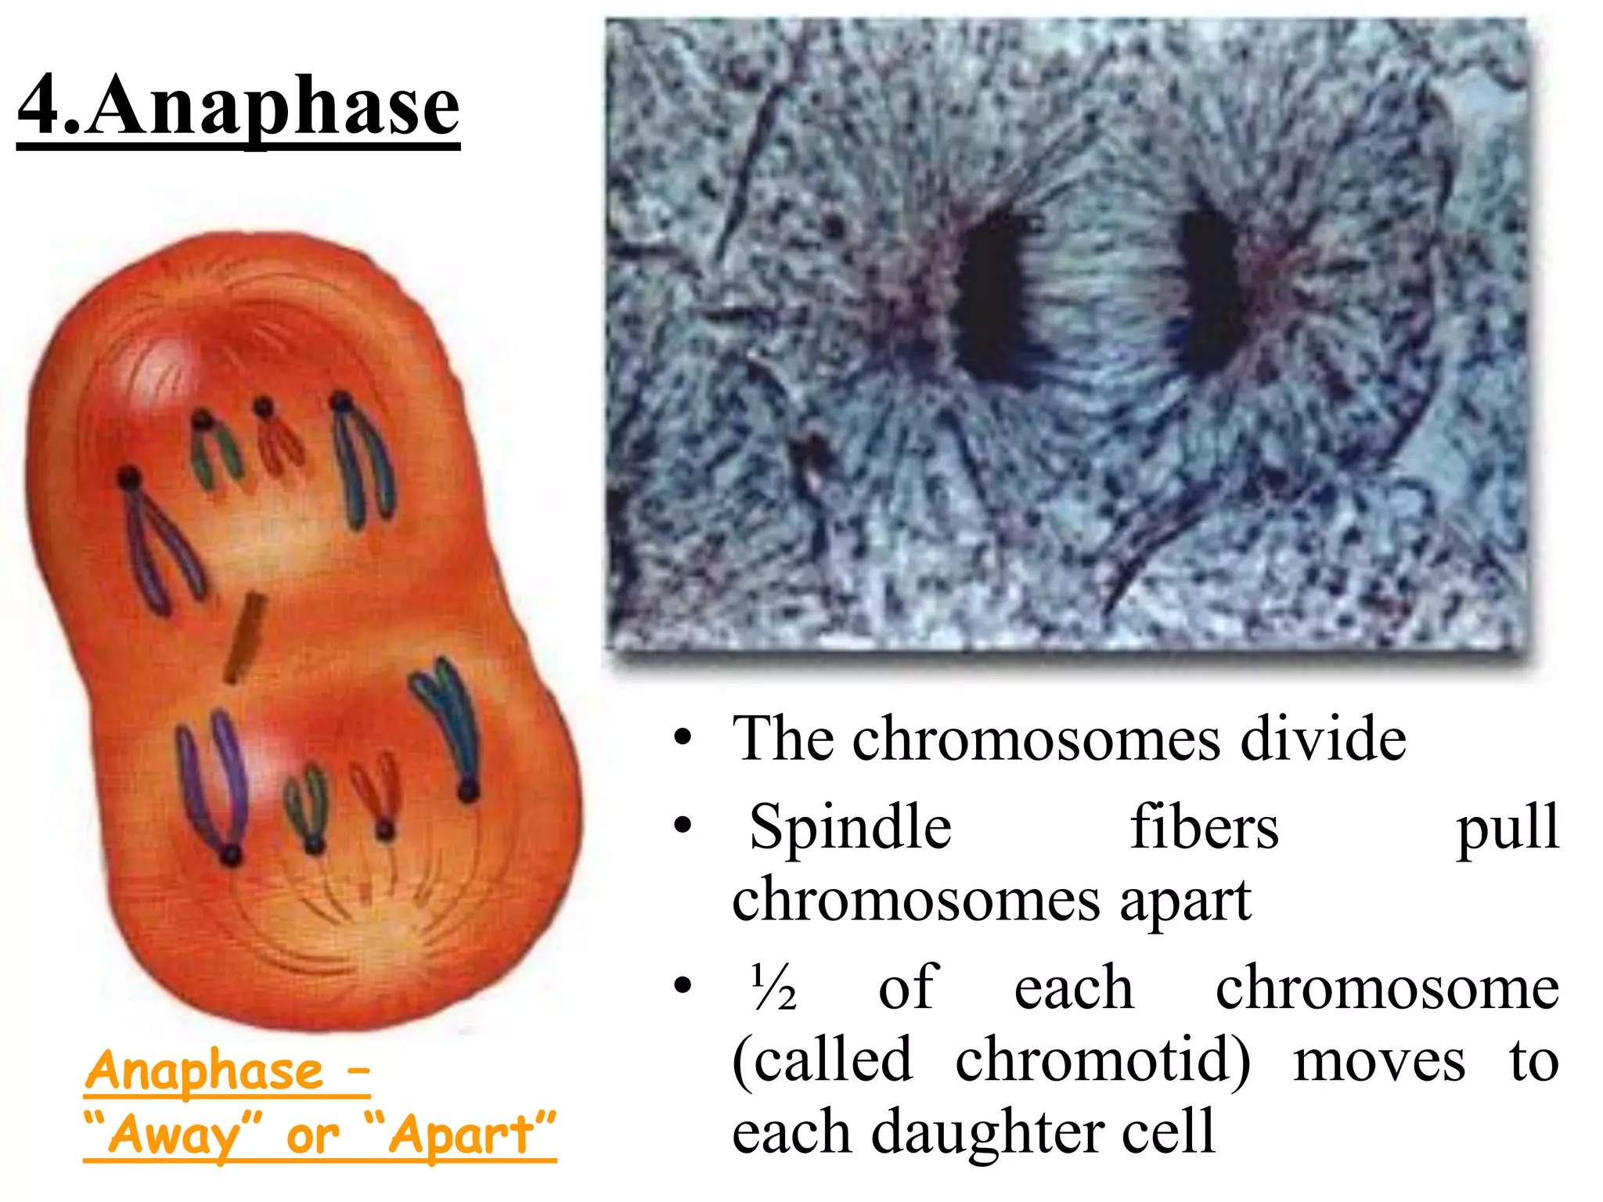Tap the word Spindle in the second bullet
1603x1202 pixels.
(850, 828)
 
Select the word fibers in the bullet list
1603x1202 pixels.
(1204, 828)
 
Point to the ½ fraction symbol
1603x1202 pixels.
(773, 988)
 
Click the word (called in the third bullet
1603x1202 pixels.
(822, 1061)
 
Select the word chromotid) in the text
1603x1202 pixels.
(1102, 1061)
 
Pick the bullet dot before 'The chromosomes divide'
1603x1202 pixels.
(683, 739)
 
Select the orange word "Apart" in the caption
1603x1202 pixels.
(462, 1135)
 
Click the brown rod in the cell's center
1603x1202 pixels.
(244, 638)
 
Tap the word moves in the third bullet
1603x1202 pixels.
(1379, 1061)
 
